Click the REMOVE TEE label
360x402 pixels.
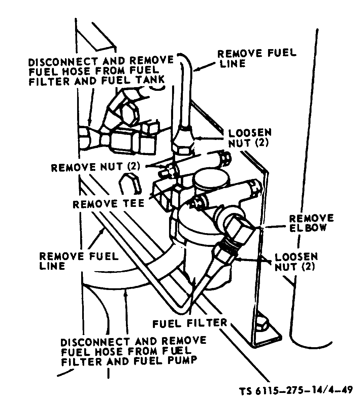[x=108, y=204]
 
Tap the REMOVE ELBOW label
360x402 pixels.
[x=312, y=222]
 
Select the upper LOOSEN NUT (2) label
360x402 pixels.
[x=250, y=137]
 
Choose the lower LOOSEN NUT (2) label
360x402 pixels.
[x=296, y=262]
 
